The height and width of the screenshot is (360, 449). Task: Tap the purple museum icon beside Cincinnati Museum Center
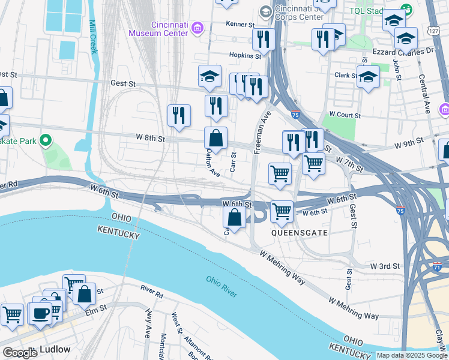[198, 28]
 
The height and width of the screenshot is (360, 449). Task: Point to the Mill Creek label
[92, 37]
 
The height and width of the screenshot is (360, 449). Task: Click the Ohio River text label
[221, 286]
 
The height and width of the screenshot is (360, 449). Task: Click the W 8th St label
[150, 138]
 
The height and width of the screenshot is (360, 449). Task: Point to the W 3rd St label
[385, 266]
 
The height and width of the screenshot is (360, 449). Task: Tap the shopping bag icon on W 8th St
[216, 138]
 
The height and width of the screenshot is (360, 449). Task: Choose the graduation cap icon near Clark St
[368, 77]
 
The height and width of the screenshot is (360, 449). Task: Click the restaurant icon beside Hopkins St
[264, 40]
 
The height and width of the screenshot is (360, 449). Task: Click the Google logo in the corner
[20, 353]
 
